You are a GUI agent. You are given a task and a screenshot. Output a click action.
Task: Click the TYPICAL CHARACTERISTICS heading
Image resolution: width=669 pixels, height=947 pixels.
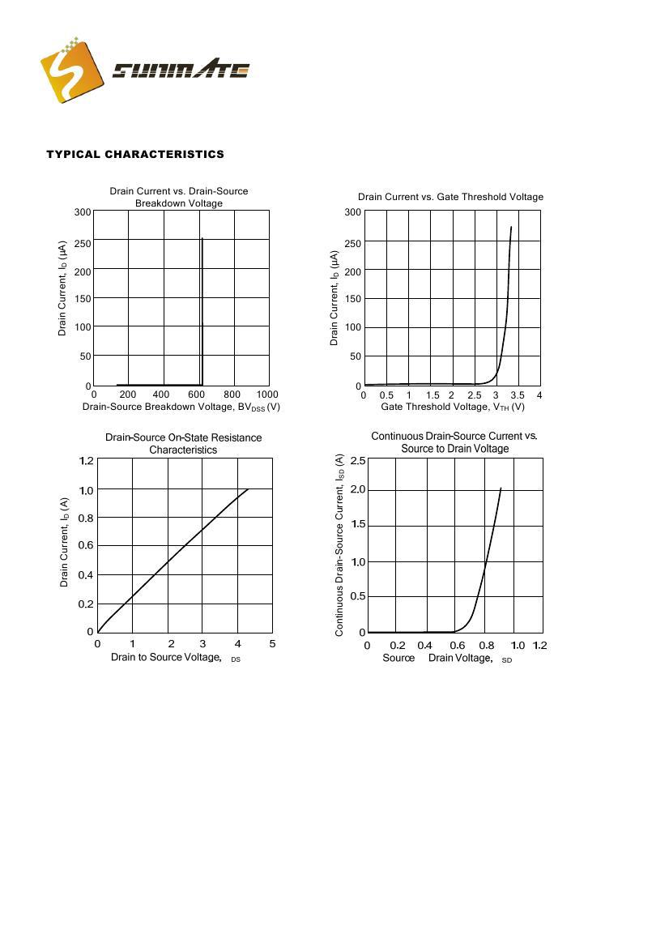tap(135, 154)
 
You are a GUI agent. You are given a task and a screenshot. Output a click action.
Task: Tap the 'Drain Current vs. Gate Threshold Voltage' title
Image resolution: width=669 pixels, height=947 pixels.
tap(450, 197)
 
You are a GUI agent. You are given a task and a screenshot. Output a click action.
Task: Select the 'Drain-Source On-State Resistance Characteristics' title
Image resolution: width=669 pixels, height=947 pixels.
tap(183, 443)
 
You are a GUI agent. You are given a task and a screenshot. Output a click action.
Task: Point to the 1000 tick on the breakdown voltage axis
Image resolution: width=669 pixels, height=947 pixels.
tap(266, 395)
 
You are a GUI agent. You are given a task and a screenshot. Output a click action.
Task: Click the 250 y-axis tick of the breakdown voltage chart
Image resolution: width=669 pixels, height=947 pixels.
tap(81, 242)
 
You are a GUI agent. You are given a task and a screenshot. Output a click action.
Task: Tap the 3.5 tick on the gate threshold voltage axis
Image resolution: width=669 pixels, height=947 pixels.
tap(518, 395)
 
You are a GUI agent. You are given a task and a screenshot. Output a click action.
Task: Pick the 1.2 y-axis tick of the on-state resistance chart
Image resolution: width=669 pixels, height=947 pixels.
tap(86, 461)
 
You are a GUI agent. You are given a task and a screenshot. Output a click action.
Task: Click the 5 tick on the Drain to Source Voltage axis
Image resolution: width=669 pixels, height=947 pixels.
tap(272, 644)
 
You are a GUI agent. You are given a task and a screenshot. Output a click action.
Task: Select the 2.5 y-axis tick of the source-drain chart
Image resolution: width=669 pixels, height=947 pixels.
tap(357, 461)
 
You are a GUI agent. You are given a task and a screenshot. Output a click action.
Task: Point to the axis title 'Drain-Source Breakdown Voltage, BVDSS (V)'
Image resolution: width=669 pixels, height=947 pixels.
tap(181, 407)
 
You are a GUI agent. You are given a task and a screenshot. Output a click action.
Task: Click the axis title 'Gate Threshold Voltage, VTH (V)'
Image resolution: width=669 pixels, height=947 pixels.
tap(453, 407)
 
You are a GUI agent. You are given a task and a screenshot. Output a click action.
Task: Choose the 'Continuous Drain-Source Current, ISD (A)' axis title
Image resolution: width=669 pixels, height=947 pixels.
tap(339, 544)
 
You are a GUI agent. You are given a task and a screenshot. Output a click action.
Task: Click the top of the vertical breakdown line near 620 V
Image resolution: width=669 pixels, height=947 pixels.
tap(202, 239)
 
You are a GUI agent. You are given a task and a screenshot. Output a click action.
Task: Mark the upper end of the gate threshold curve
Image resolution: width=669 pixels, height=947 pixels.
tap(511, 227)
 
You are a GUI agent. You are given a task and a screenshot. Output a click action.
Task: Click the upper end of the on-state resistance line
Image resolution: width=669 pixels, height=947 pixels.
tap(247, 489)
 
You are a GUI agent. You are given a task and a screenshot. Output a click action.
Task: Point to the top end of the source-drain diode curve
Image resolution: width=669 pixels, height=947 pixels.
tap(501, 488)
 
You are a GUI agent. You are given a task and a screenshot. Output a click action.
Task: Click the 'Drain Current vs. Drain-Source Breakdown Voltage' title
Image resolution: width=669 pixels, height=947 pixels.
tap(179, 197)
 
